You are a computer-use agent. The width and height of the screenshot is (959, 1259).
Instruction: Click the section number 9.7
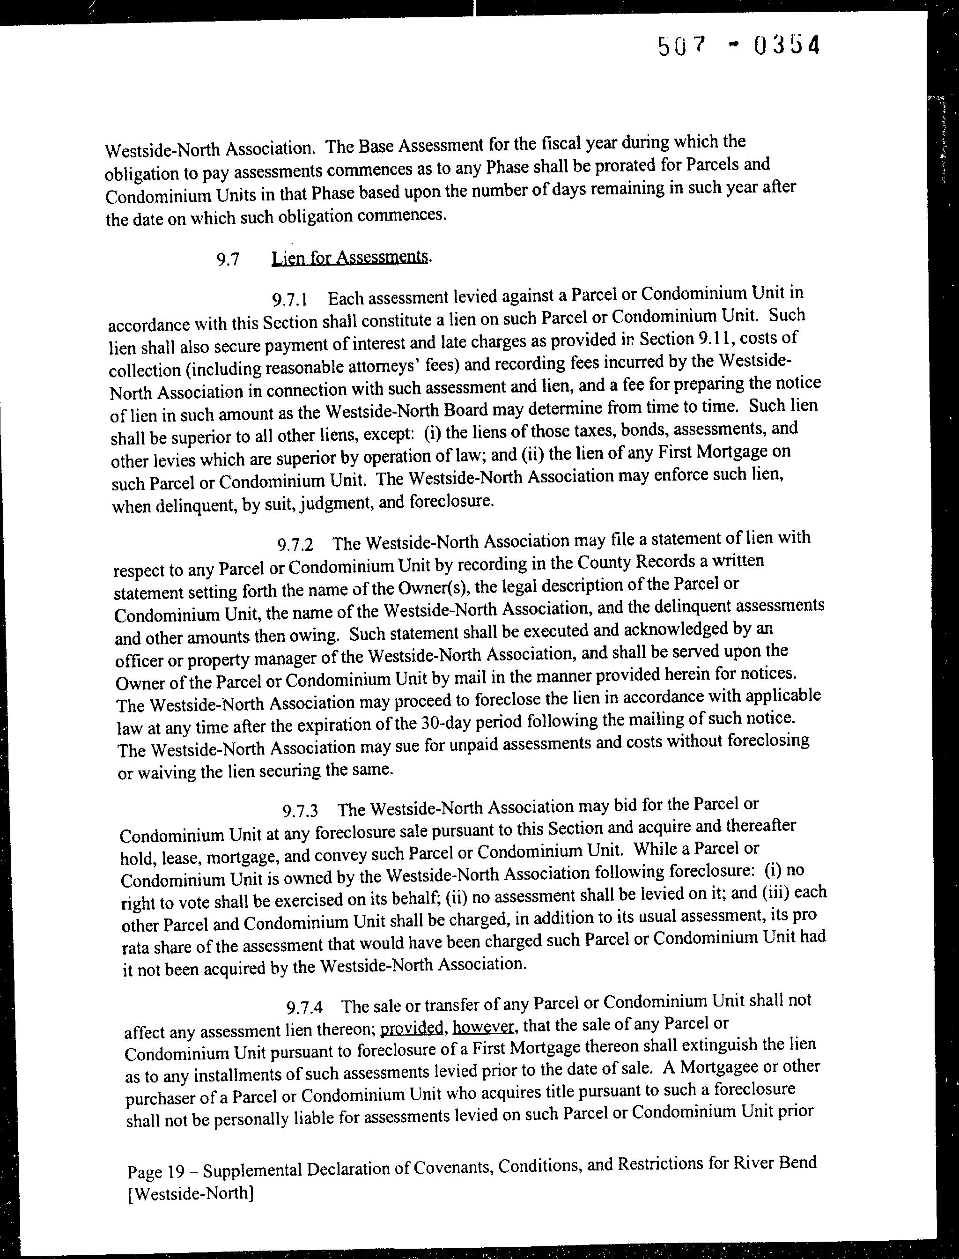coord(227,260)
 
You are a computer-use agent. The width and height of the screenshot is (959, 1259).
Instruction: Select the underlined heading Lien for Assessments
coord(350,258)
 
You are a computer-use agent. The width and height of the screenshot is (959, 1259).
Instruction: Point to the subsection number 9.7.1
coord(290,299)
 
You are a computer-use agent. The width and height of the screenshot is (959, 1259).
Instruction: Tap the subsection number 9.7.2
coord(295,545)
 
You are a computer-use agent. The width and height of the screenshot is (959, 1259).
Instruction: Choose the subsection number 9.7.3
coord(300,810)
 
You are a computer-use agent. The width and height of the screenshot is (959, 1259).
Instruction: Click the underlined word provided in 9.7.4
coord(411,1028)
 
